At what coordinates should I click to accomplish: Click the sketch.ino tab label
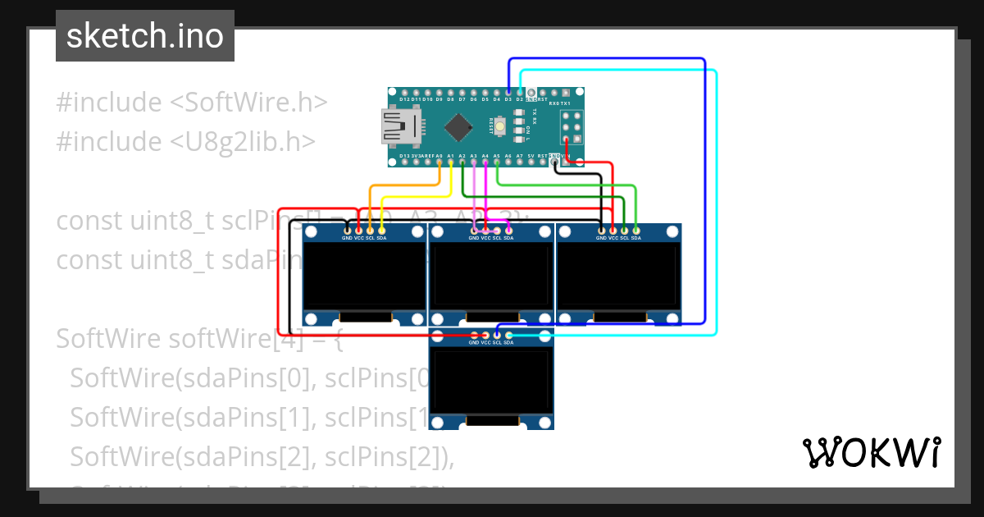145,36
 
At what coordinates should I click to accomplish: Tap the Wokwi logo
871,452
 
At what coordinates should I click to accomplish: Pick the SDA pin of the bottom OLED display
509,335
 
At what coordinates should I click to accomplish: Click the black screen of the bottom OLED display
491,382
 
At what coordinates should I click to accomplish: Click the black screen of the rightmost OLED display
619,277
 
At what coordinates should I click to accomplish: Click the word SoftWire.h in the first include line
248,103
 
